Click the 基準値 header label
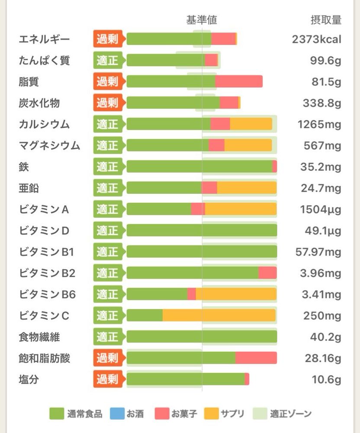point(202,20)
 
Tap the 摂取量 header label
point(326,20)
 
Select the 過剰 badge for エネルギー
point(107,39)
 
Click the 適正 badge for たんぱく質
point(107,60)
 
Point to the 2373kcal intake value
point(317,39)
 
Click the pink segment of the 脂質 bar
point(239,81)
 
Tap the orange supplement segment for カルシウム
point(251,124)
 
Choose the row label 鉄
point(24,167)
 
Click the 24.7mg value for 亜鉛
point(321,188)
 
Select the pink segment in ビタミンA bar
point(198,209)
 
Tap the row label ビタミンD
point(44,230)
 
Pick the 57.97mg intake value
point(318,252)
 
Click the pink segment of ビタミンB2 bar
point(267,273)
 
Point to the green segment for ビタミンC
point(145,315)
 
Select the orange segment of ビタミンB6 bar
point(236,294)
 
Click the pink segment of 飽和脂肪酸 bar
point(256,358)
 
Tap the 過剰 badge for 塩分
point(107,379)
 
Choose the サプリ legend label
point(232,414)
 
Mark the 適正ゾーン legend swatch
point(259,414)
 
